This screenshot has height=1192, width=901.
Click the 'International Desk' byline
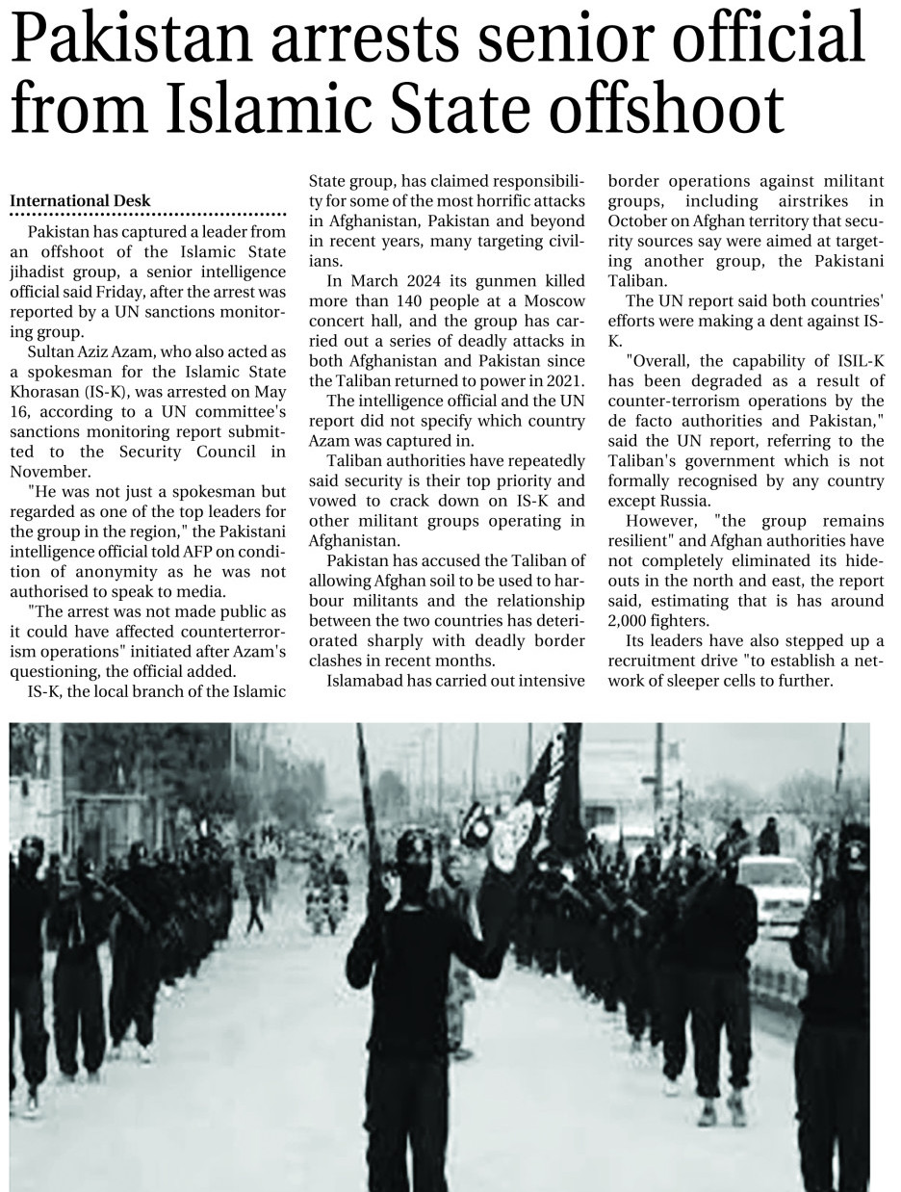(80, 201)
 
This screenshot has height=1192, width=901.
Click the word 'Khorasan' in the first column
(44, 393)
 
